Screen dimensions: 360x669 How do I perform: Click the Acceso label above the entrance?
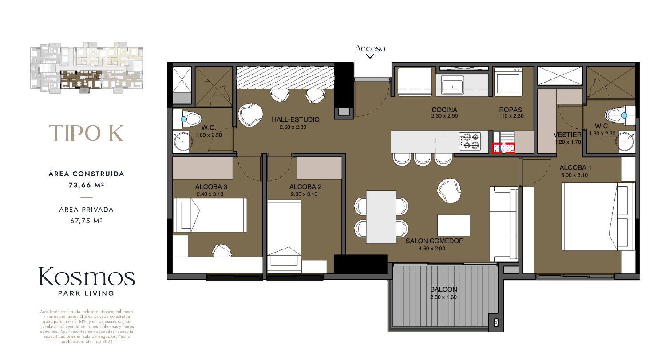370,48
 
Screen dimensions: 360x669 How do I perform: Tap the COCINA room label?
444,110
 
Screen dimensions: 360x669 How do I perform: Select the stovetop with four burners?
470,141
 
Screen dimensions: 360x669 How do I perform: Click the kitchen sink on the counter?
452,84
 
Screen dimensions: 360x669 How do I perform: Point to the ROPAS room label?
510,110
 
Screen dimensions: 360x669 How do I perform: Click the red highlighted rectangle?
503,148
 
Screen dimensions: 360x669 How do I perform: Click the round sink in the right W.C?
625,141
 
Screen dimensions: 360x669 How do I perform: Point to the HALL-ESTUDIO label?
296,120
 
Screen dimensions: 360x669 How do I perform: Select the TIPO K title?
86,133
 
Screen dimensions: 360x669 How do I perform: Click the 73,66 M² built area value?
86,186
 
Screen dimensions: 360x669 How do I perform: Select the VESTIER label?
567,135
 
